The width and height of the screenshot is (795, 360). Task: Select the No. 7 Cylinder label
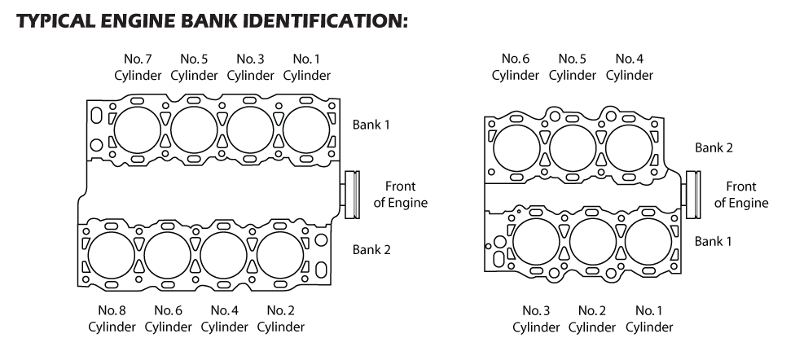(x=137, y=68)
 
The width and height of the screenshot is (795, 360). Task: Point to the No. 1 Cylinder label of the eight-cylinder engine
(x=306, y=68)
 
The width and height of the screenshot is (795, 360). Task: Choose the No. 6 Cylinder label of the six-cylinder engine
(x=516, y=68)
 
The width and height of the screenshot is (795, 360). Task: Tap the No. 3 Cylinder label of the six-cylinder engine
(x=536, y=318)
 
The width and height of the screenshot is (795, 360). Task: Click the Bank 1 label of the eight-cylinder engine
(x=371, y=125)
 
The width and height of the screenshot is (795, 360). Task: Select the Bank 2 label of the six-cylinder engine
(x=713, y=148)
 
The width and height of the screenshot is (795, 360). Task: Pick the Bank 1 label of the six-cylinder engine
(x=713, y=242)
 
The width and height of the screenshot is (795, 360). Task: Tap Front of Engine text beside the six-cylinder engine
(x=741, y=195)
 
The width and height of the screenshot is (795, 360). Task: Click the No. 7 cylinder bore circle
(x=138, y=129)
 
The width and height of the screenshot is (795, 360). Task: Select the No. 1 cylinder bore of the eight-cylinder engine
(x=307, y=129)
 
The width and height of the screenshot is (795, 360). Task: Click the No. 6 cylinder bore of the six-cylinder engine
(x=516, y=147)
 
